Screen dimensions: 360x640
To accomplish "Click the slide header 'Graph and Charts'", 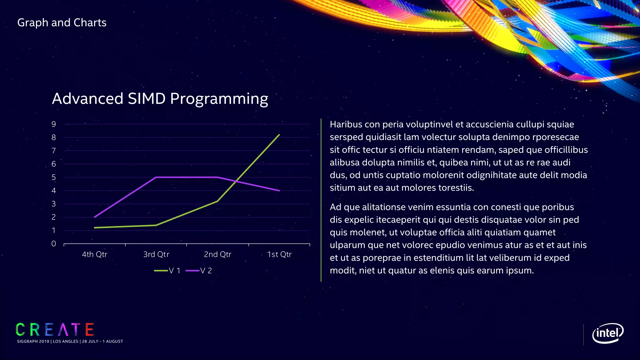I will (x=62, y=23).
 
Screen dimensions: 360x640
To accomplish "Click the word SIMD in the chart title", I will (x=147, y=99).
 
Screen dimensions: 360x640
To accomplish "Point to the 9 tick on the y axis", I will (x=54, y=124).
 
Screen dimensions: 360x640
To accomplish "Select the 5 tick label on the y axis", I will (x=54, y=177).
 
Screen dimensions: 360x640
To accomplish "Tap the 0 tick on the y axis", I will (x=54, y=244).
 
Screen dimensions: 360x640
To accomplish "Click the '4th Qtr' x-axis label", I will (x=94, y=254).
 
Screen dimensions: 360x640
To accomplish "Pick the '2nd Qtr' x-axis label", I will (x=217, y=254).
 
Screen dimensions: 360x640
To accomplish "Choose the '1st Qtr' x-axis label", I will (x=279, y=254).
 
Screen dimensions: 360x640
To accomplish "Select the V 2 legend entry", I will (x=199, y=271).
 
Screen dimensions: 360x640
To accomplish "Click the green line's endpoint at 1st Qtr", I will (x=279, y=135).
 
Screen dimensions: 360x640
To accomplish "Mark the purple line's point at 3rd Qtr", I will (x=156, y=177).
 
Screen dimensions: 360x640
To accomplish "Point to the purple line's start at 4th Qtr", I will (x=94, y=217).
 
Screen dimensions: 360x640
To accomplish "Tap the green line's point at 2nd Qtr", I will (x=217, y=201).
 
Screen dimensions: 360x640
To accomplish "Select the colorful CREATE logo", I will (x=55, y=330).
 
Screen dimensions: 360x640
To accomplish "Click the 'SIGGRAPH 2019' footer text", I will (x=33, y=341).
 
